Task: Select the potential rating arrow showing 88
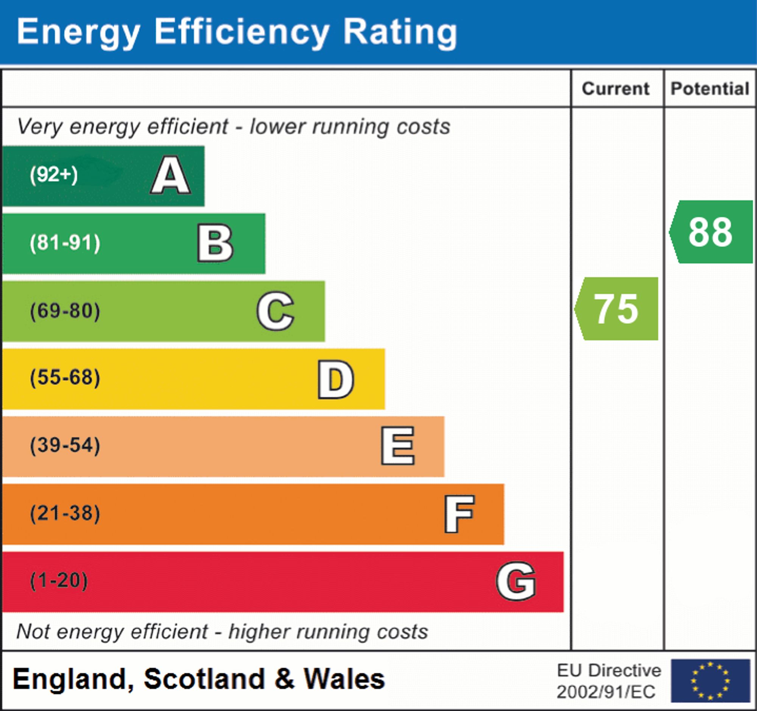[x=711, y=232]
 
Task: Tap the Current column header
[x=616, y=89]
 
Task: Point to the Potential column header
[x=710, y=89]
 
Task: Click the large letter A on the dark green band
[x=171, y=176]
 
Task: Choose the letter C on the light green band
[x=275, y=311]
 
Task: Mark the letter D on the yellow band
[x=336, y=379]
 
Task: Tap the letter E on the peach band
[x=398, y=446]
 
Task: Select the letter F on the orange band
[x=459, y=514]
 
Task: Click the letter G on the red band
[x=516, y=581]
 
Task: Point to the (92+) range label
[x=54, y=175]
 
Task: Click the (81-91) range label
[x=65, y=243]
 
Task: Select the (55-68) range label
[x=65, y=378]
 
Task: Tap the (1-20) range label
[x=59, y=581]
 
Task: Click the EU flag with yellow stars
[x=710, y=681]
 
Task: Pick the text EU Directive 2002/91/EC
[x=609, y=681]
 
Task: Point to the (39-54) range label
[x=65, y=445]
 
